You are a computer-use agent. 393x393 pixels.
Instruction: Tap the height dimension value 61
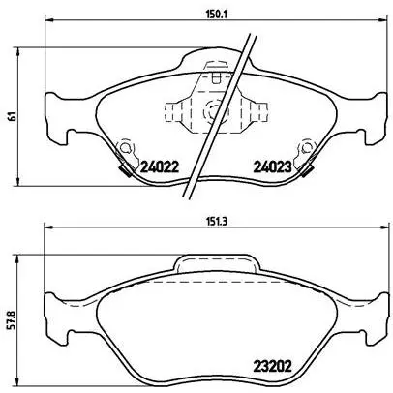coord(13,116)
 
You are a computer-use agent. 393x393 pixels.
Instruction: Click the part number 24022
coord(159,166)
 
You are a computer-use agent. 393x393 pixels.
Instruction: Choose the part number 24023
coord(272,166)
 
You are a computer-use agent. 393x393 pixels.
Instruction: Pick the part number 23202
coord(272,366)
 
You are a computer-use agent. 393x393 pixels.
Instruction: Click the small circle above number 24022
coord(125,147)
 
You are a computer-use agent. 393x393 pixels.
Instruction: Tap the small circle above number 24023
coord(306,147)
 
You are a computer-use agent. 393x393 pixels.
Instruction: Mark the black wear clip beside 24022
coord(125,170)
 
